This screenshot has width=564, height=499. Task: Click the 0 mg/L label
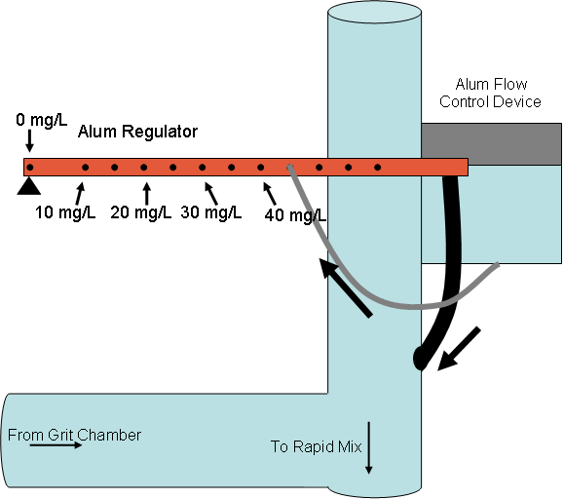pos(42,120)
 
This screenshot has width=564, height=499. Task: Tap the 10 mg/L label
pos(65,212)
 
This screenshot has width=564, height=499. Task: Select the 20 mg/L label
pos(140,212)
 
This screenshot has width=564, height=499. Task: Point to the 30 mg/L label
pos(211,212)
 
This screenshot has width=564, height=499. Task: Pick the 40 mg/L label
pos(295,215)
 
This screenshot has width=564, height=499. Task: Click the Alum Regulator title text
pos(137,132)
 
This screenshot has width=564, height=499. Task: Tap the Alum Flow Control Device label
pos(490,94)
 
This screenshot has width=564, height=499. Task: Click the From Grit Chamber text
pos(74,435)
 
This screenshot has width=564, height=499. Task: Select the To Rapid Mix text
pos(316,446)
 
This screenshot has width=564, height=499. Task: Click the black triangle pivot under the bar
pos(29,186)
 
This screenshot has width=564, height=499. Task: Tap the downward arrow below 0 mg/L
pos(30,140)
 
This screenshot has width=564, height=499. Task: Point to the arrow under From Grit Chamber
pos(56,445)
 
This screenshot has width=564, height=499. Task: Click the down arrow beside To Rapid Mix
pos(368,448)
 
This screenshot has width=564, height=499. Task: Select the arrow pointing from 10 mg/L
pos(80,193)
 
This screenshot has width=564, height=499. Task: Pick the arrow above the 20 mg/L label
pos(146,193)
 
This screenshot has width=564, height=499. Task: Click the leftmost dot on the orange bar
pos(30,168)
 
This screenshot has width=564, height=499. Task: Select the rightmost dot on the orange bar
pos(377,168)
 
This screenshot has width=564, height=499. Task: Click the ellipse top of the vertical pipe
pos(374,13)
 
